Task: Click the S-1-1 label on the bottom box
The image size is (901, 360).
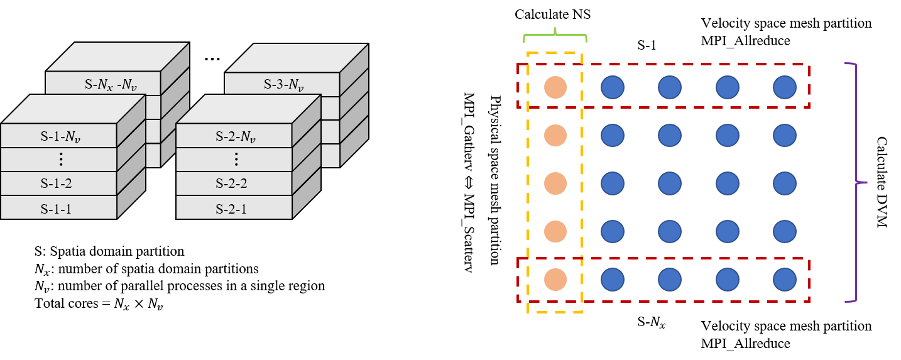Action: tap(56, 209)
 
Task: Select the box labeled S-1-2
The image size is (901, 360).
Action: tap(56, 184)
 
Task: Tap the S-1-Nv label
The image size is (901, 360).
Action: tap(60, 136)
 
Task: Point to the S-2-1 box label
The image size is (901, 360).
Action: tap(231, 209)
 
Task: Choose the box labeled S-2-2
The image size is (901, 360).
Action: tap(231, 184)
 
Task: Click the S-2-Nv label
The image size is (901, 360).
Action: tap(235, 136)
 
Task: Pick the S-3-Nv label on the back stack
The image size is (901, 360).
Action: tap(283, 84)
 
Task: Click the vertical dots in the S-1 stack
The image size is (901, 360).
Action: tap(60, 160)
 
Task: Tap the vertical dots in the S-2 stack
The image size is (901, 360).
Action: tap(236, 160)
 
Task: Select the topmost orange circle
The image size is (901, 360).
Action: tap(555, 87)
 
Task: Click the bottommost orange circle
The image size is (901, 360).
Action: tap(555, 280)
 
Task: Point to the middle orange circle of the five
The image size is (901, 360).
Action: tap(555, 183)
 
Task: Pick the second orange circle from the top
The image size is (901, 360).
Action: tap(555, 135)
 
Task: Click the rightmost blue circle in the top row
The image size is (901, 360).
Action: tap(785, 87)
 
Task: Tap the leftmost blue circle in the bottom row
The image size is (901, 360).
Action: tap(613, 280)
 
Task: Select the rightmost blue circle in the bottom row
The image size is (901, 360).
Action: tap(785, 280)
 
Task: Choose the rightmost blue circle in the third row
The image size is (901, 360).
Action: tap(785, 183)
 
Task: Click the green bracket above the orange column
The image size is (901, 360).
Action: tap(555, 35)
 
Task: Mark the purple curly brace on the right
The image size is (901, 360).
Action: tap(856, 183)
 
